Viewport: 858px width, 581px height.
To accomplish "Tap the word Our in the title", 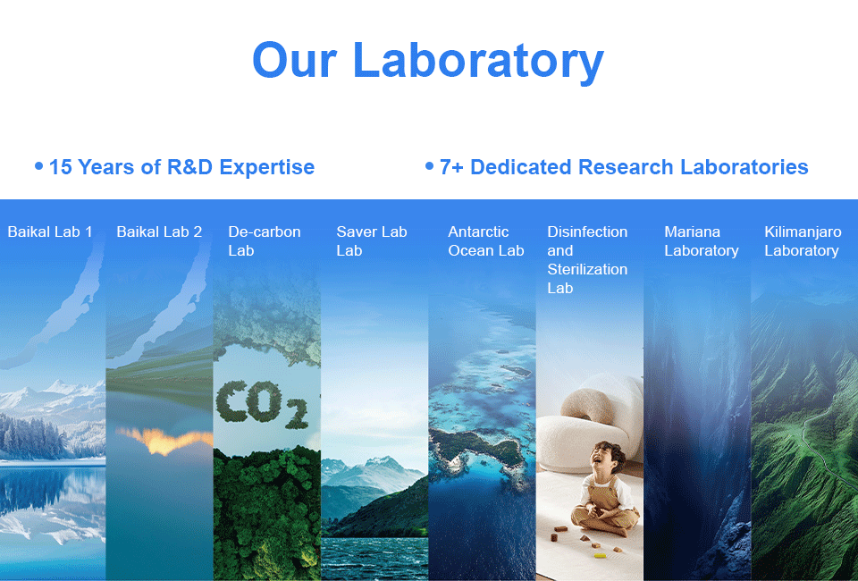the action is point(294,60).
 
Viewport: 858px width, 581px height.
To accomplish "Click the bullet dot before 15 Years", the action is point(38,165).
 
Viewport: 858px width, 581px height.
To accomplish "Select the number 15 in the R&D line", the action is point(60,167).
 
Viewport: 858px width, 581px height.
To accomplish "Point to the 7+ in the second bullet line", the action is point(451,167).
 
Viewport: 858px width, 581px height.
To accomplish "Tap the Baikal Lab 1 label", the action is point(50,232).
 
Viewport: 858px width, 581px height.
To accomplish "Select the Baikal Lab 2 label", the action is point(159,232).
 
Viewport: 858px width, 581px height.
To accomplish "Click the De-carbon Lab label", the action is point(265,241).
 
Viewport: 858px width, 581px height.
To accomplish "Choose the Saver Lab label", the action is point(372,241).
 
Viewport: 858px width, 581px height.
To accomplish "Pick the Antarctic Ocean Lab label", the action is point(486,241).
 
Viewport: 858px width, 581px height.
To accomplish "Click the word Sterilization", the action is point(587,269).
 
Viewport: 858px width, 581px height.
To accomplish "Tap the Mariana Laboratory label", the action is point(702,241).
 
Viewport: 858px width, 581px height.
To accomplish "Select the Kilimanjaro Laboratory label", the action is point(803,241).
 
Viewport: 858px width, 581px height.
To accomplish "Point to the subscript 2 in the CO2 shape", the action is point(296,414).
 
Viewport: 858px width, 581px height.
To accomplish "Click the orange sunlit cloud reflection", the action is point(164,441).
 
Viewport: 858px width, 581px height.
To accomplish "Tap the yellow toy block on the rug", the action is point(601,556).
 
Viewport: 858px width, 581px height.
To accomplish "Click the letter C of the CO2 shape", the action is point(230,401).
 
